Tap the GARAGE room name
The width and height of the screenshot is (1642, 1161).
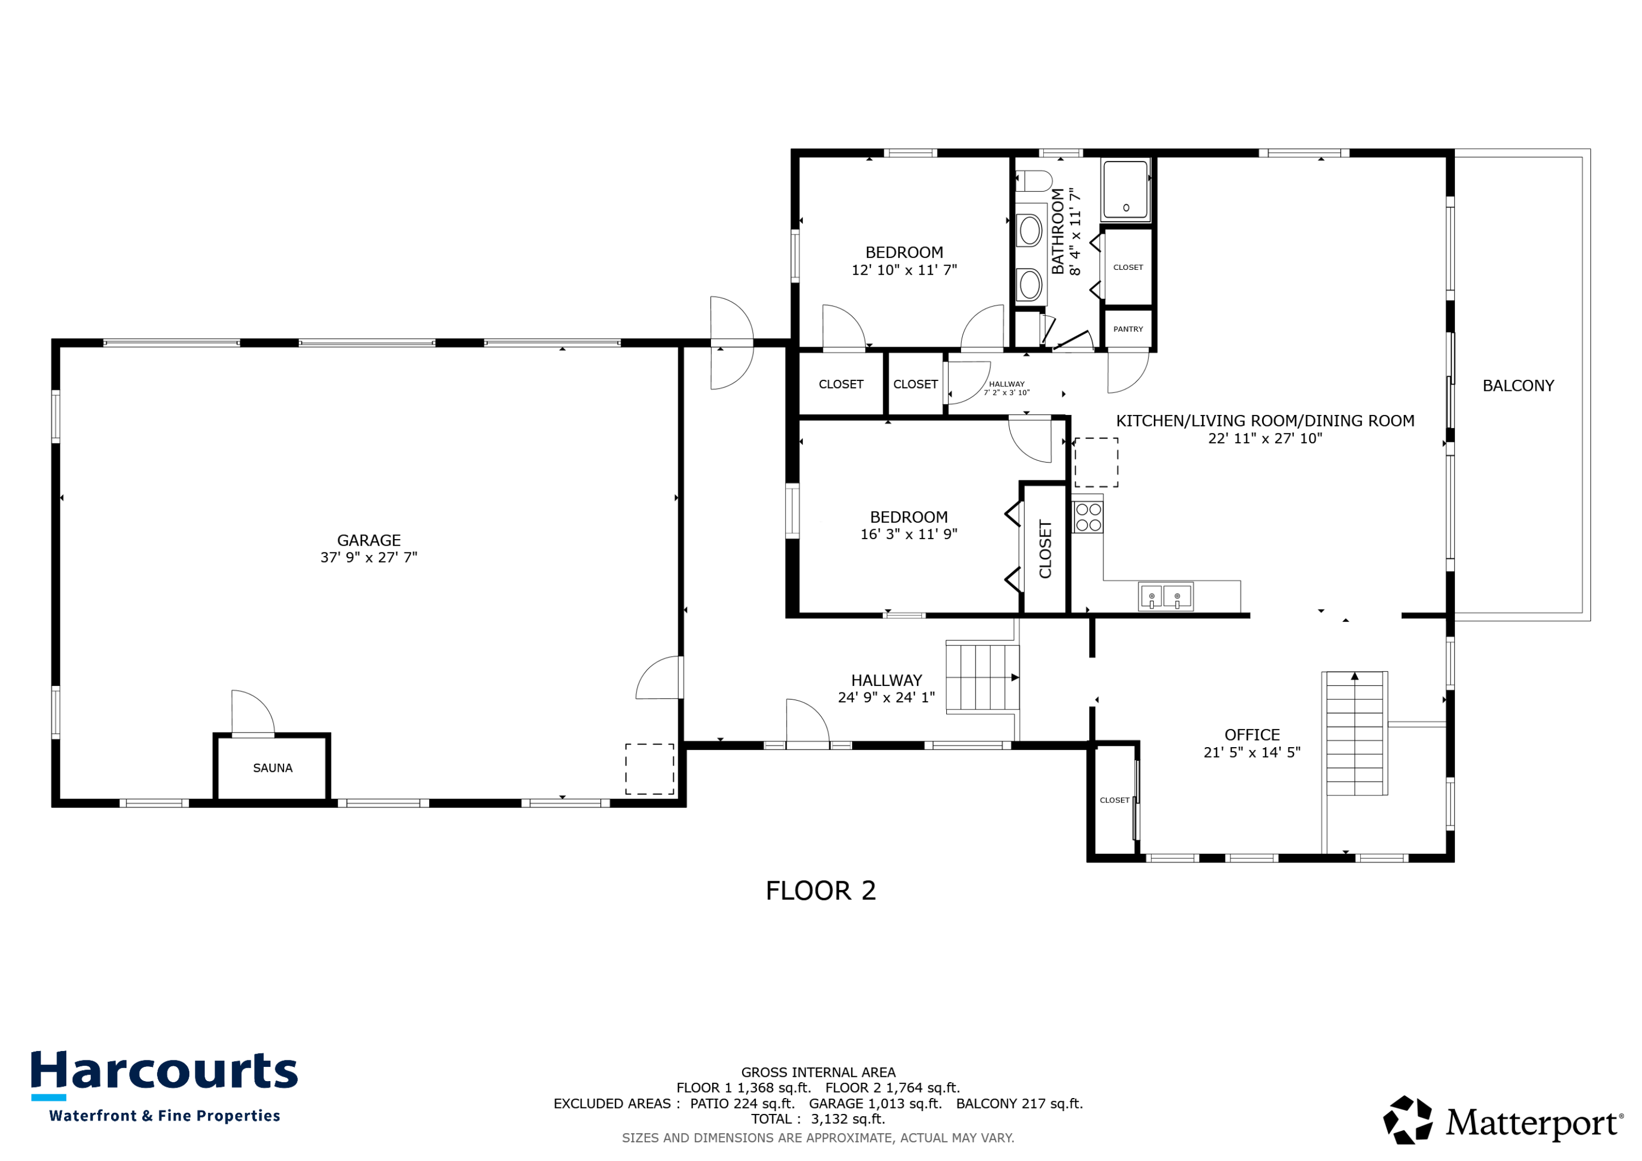pos(368,540)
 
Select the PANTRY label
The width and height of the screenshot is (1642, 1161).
pos(1128,329)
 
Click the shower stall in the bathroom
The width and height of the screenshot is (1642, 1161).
pos(1126,189)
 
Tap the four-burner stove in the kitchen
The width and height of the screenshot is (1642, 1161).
pos(1088,517)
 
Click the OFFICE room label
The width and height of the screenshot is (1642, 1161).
pos(1252,735)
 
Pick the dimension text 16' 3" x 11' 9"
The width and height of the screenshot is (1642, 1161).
pos(908,534)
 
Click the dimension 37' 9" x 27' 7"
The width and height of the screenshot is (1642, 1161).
pos(368,557)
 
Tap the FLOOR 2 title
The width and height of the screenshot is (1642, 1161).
pos(820,891)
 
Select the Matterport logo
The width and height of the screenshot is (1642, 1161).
pos(1502,1122)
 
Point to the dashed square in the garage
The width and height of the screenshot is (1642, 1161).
pos(649,769)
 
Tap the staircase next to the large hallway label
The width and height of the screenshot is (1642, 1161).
pos(982,677)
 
